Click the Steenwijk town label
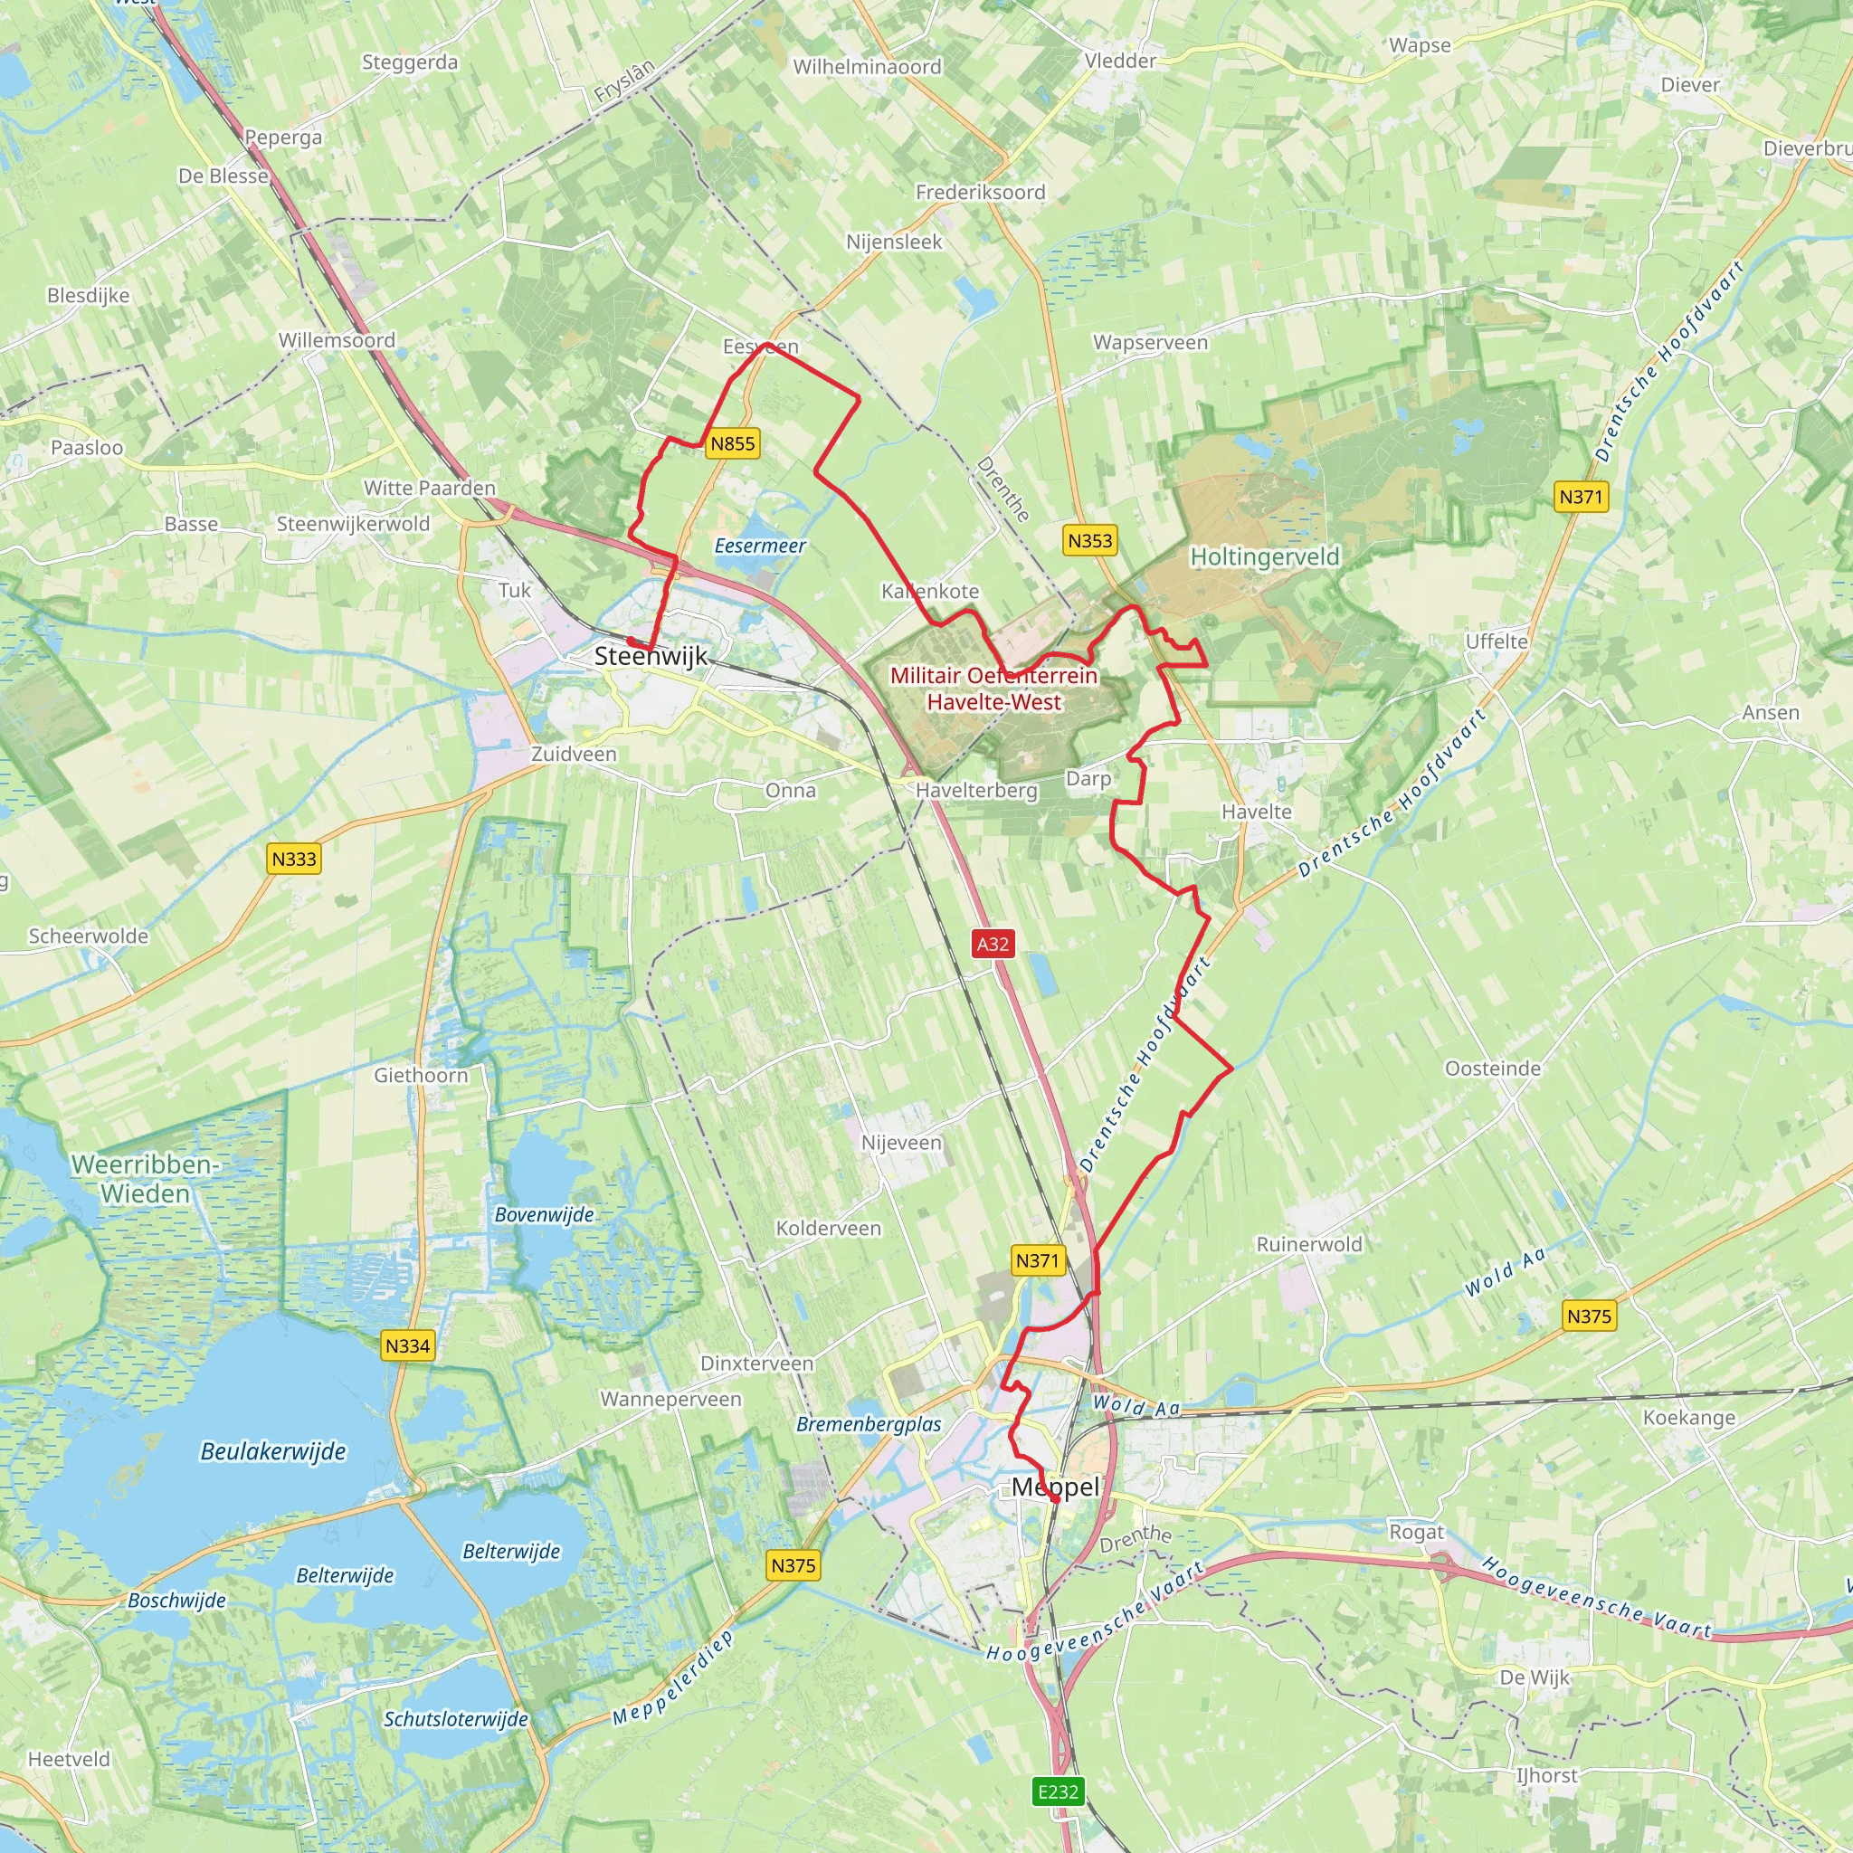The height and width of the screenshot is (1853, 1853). (x=651, y=656)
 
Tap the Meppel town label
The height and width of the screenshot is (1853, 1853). (x=1055, y=1487)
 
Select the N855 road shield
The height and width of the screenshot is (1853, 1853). (x=733, y=443)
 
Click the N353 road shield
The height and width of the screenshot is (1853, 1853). (x=1090, y=540)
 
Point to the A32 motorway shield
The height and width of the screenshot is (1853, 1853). (x=993, y=944)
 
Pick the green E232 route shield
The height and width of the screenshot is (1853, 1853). (x=1059, y=1791)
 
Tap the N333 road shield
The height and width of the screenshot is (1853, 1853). (x=293, y=859)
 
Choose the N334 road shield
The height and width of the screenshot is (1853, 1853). (x=408, y=1345)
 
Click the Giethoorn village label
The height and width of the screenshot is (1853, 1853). (x=421, y=1075)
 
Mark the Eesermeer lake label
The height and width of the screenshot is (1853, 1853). (x=761, y=546)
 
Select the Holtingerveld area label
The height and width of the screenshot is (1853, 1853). (x=1264, y=556)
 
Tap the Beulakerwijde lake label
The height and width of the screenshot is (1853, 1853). (x=273, y=1451)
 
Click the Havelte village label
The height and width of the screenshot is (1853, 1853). (x=1257, y=812)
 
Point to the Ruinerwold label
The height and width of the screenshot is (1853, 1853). (x=1309, y=1244)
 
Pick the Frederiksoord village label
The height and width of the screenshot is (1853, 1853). (x=980, y=192)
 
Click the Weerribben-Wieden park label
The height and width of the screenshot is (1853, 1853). (x=146, y=1179)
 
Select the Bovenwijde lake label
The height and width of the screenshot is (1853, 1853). (x=544, y=1214)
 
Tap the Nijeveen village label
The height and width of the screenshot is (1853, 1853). (x=901, y=1143)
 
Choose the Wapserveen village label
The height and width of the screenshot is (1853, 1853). (x=1151, y=342)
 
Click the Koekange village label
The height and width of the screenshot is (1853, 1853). (x=1689, y=1418)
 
